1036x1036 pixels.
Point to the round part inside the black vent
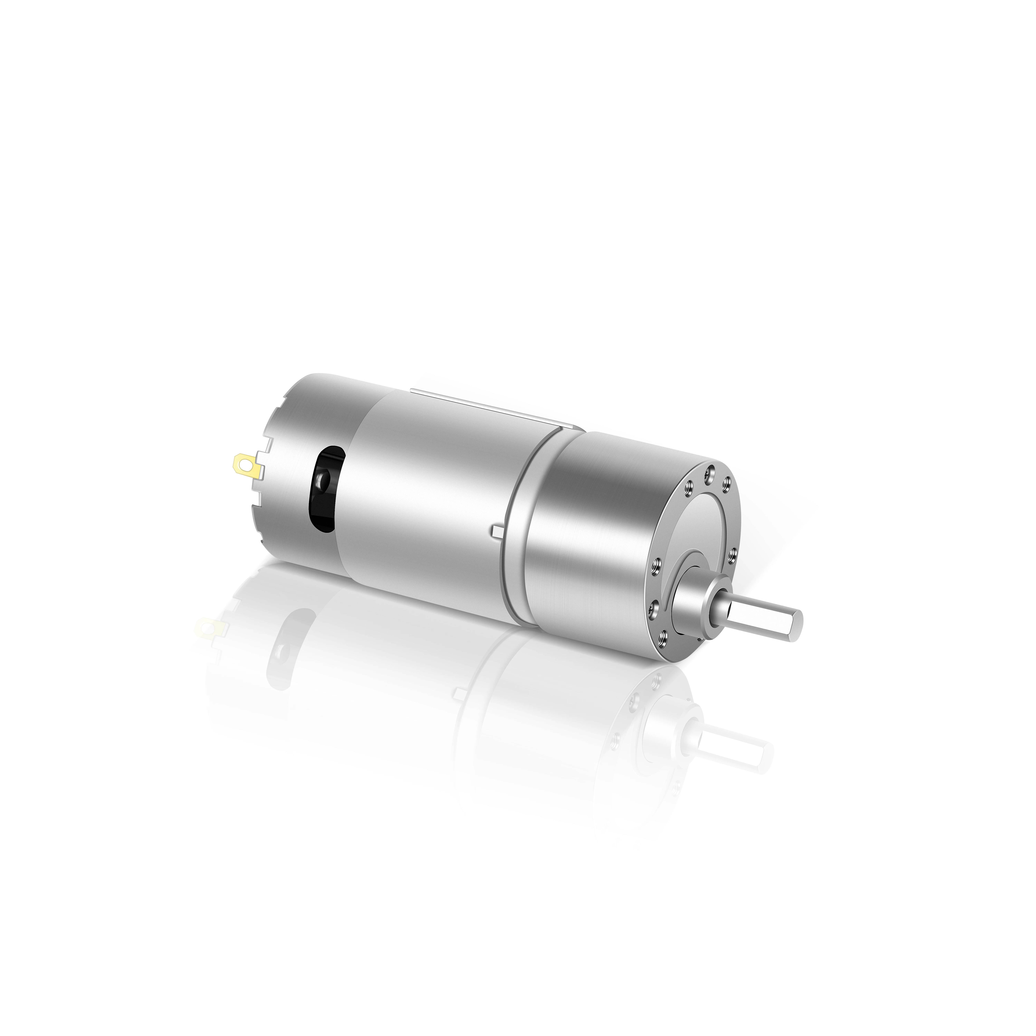click(323, 477)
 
